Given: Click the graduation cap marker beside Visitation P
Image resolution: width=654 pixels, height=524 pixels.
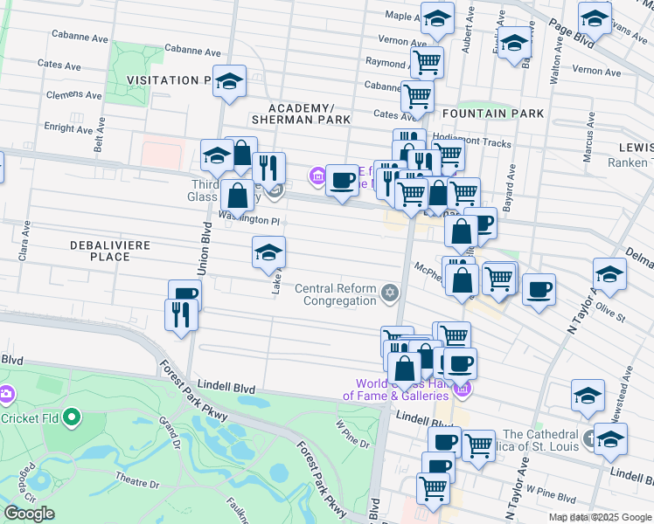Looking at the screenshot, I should pyautogui.click(x=229, y=82).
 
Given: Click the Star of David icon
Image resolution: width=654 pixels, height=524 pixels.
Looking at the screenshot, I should pyautogui.click(x=390, y=292).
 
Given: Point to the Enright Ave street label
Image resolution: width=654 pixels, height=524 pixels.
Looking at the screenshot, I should pyautogui.click(x=67, y=129).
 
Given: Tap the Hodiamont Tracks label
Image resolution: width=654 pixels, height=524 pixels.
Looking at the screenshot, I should pyautogui.click(x=477, y=139).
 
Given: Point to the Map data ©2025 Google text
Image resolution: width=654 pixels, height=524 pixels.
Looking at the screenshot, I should pyautogui.click(x=600, y=517).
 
